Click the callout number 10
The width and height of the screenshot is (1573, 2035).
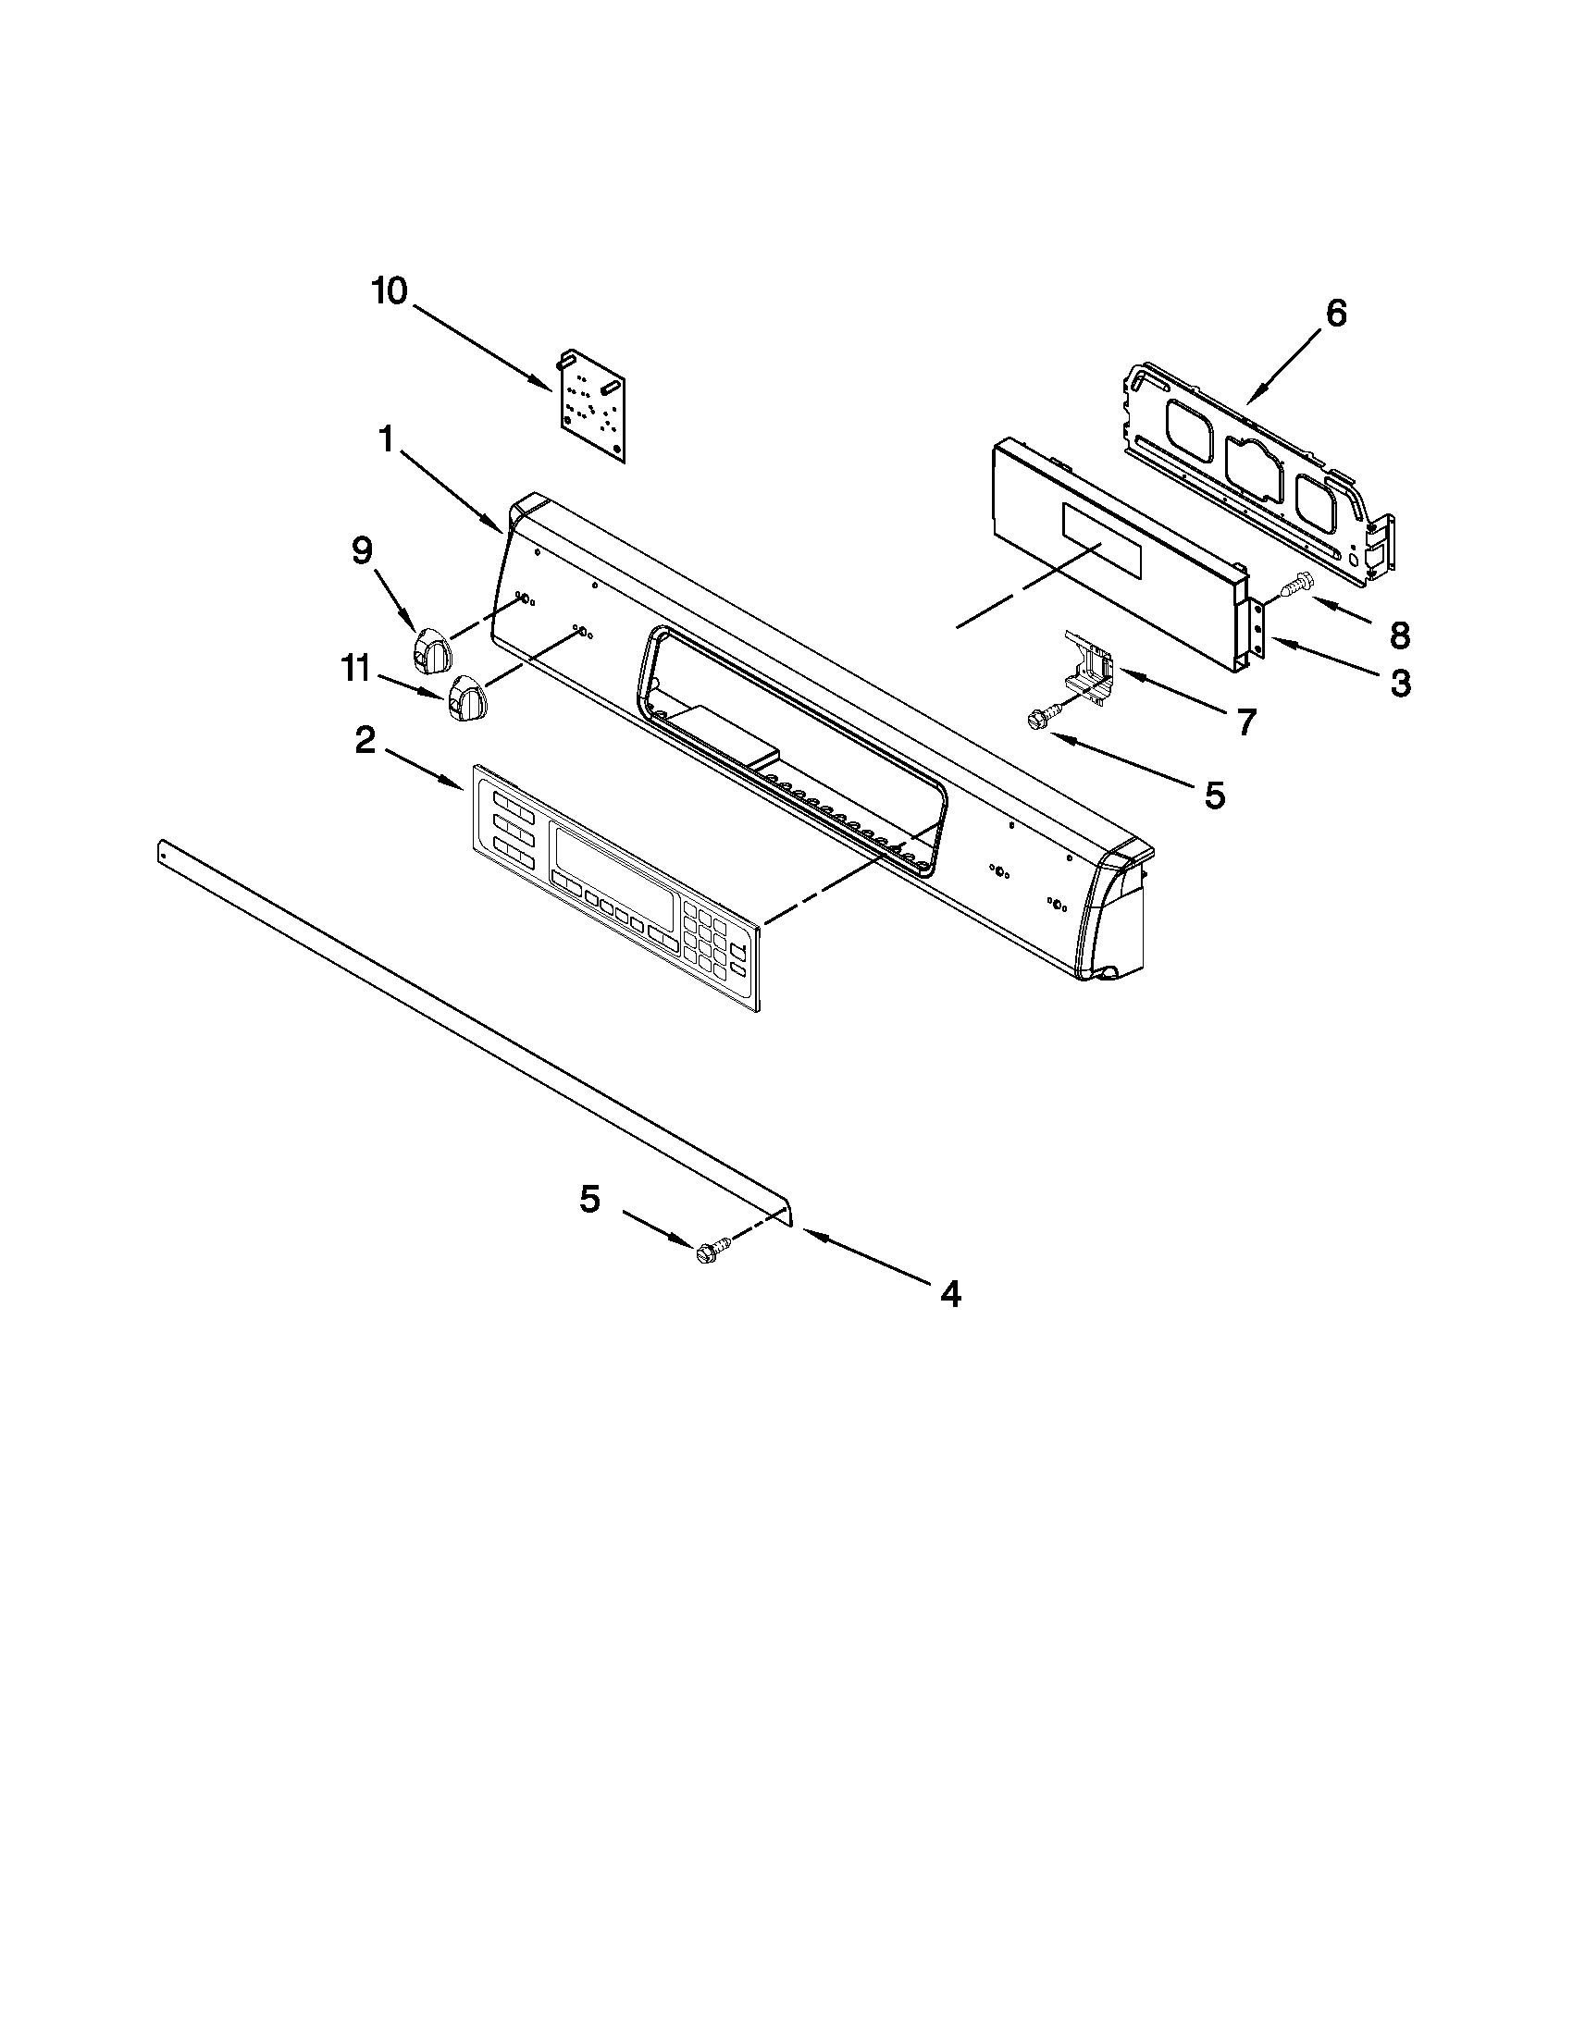390,291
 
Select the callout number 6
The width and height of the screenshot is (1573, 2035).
1335,314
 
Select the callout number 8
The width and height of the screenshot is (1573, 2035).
1398,635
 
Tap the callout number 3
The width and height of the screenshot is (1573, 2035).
1399,684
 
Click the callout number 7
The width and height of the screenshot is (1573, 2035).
1246,721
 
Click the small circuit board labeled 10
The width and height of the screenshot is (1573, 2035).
594,406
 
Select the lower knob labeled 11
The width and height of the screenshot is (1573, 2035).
464,698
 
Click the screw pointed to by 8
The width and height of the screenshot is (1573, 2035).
1296,586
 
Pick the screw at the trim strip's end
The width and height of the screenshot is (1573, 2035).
710,1252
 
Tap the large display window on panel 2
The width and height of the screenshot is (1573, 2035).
614,866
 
